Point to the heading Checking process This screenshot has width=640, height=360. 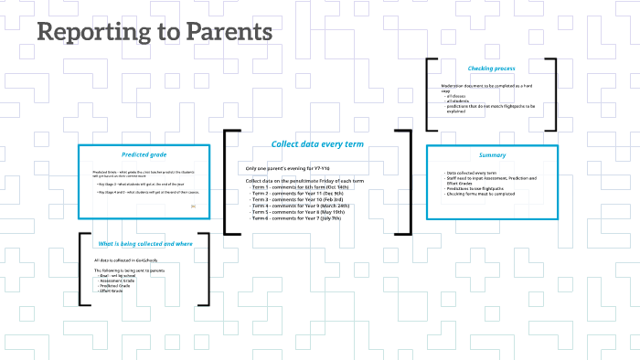coord(492,69)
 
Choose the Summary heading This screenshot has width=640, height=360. coord(492,154)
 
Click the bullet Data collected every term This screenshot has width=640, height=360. coord(472,173)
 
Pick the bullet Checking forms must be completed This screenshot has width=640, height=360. coord(481,193)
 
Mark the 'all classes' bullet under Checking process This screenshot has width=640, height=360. coord(457,96)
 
